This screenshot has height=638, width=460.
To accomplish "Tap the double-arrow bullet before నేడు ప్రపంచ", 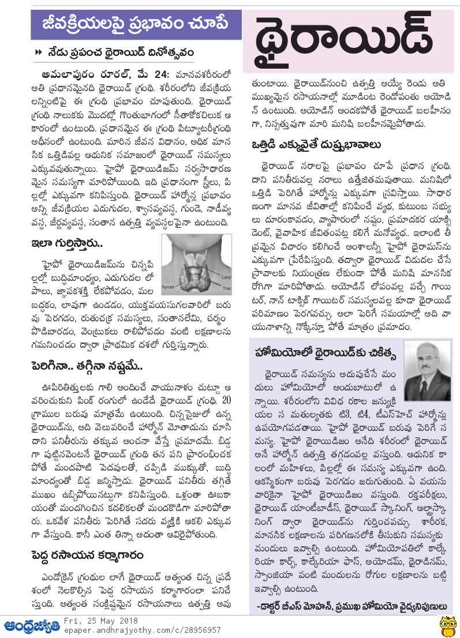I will (x=39, y=52).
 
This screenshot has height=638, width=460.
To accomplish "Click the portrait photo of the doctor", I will (x=428, y=370).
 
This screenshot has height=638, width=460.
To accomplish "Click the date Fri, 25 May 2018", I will (x=98, y=622).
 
